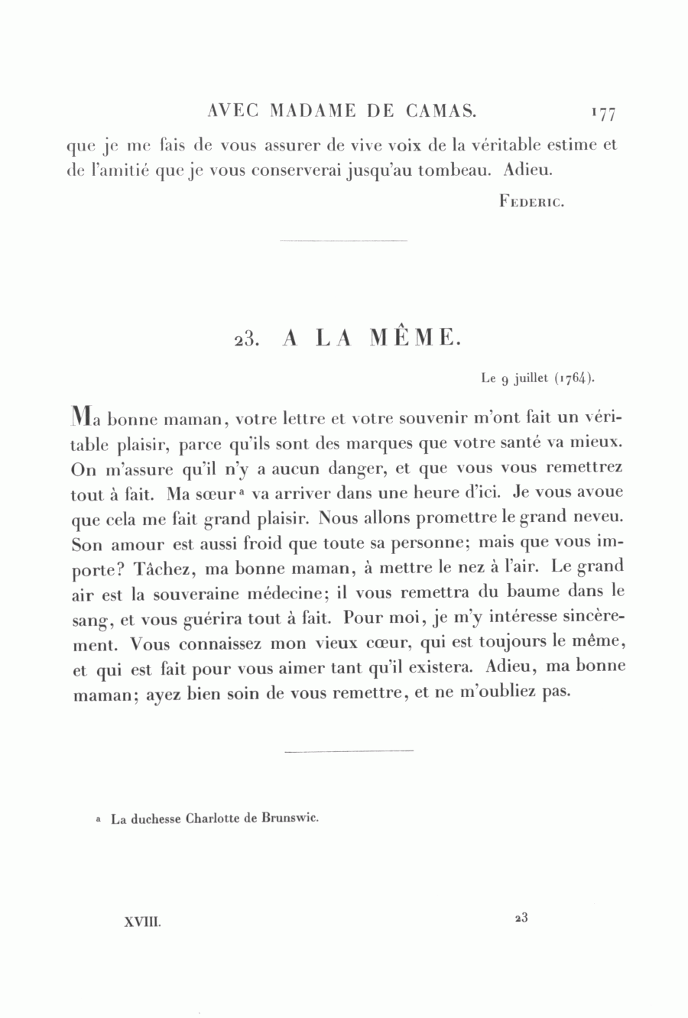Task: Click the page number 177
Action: point(603,114)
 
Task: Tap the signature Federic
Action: point(531,203)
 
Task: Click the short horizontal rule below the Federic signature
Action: point(343,241)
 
